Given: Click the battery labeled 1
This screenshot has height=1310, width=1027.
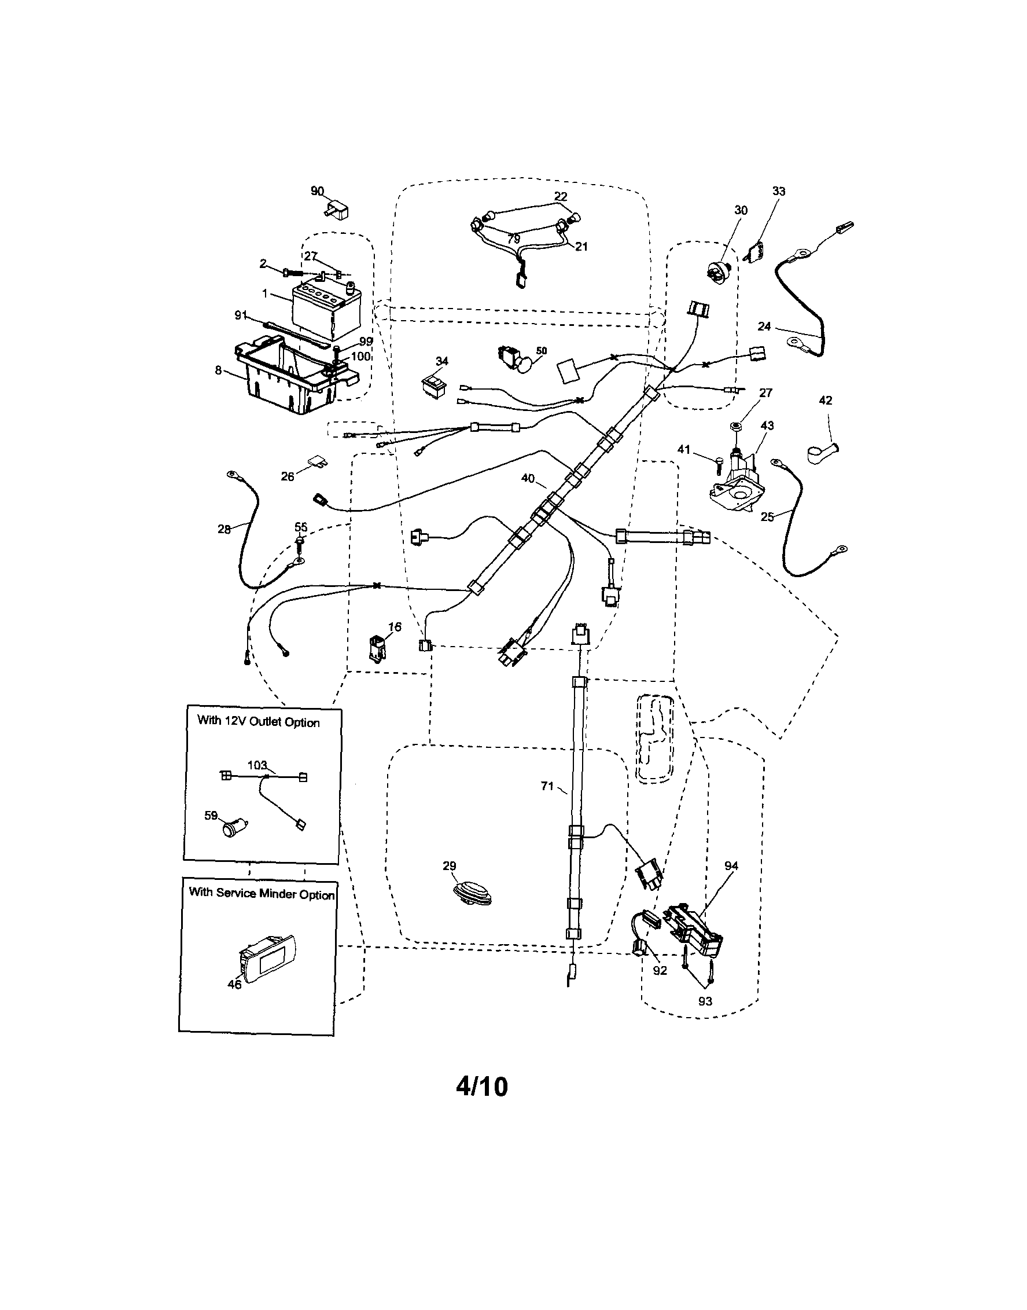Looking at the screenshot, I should (327, 311).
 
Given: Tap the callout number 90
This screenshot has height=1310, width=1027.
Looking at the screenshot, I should (318, 191).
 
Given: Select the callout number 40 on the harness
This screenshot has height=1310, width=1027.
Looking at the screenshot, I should (527, 479).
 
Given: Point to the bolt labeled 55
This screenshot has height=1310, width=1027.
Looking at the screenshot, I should (300, 543).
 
